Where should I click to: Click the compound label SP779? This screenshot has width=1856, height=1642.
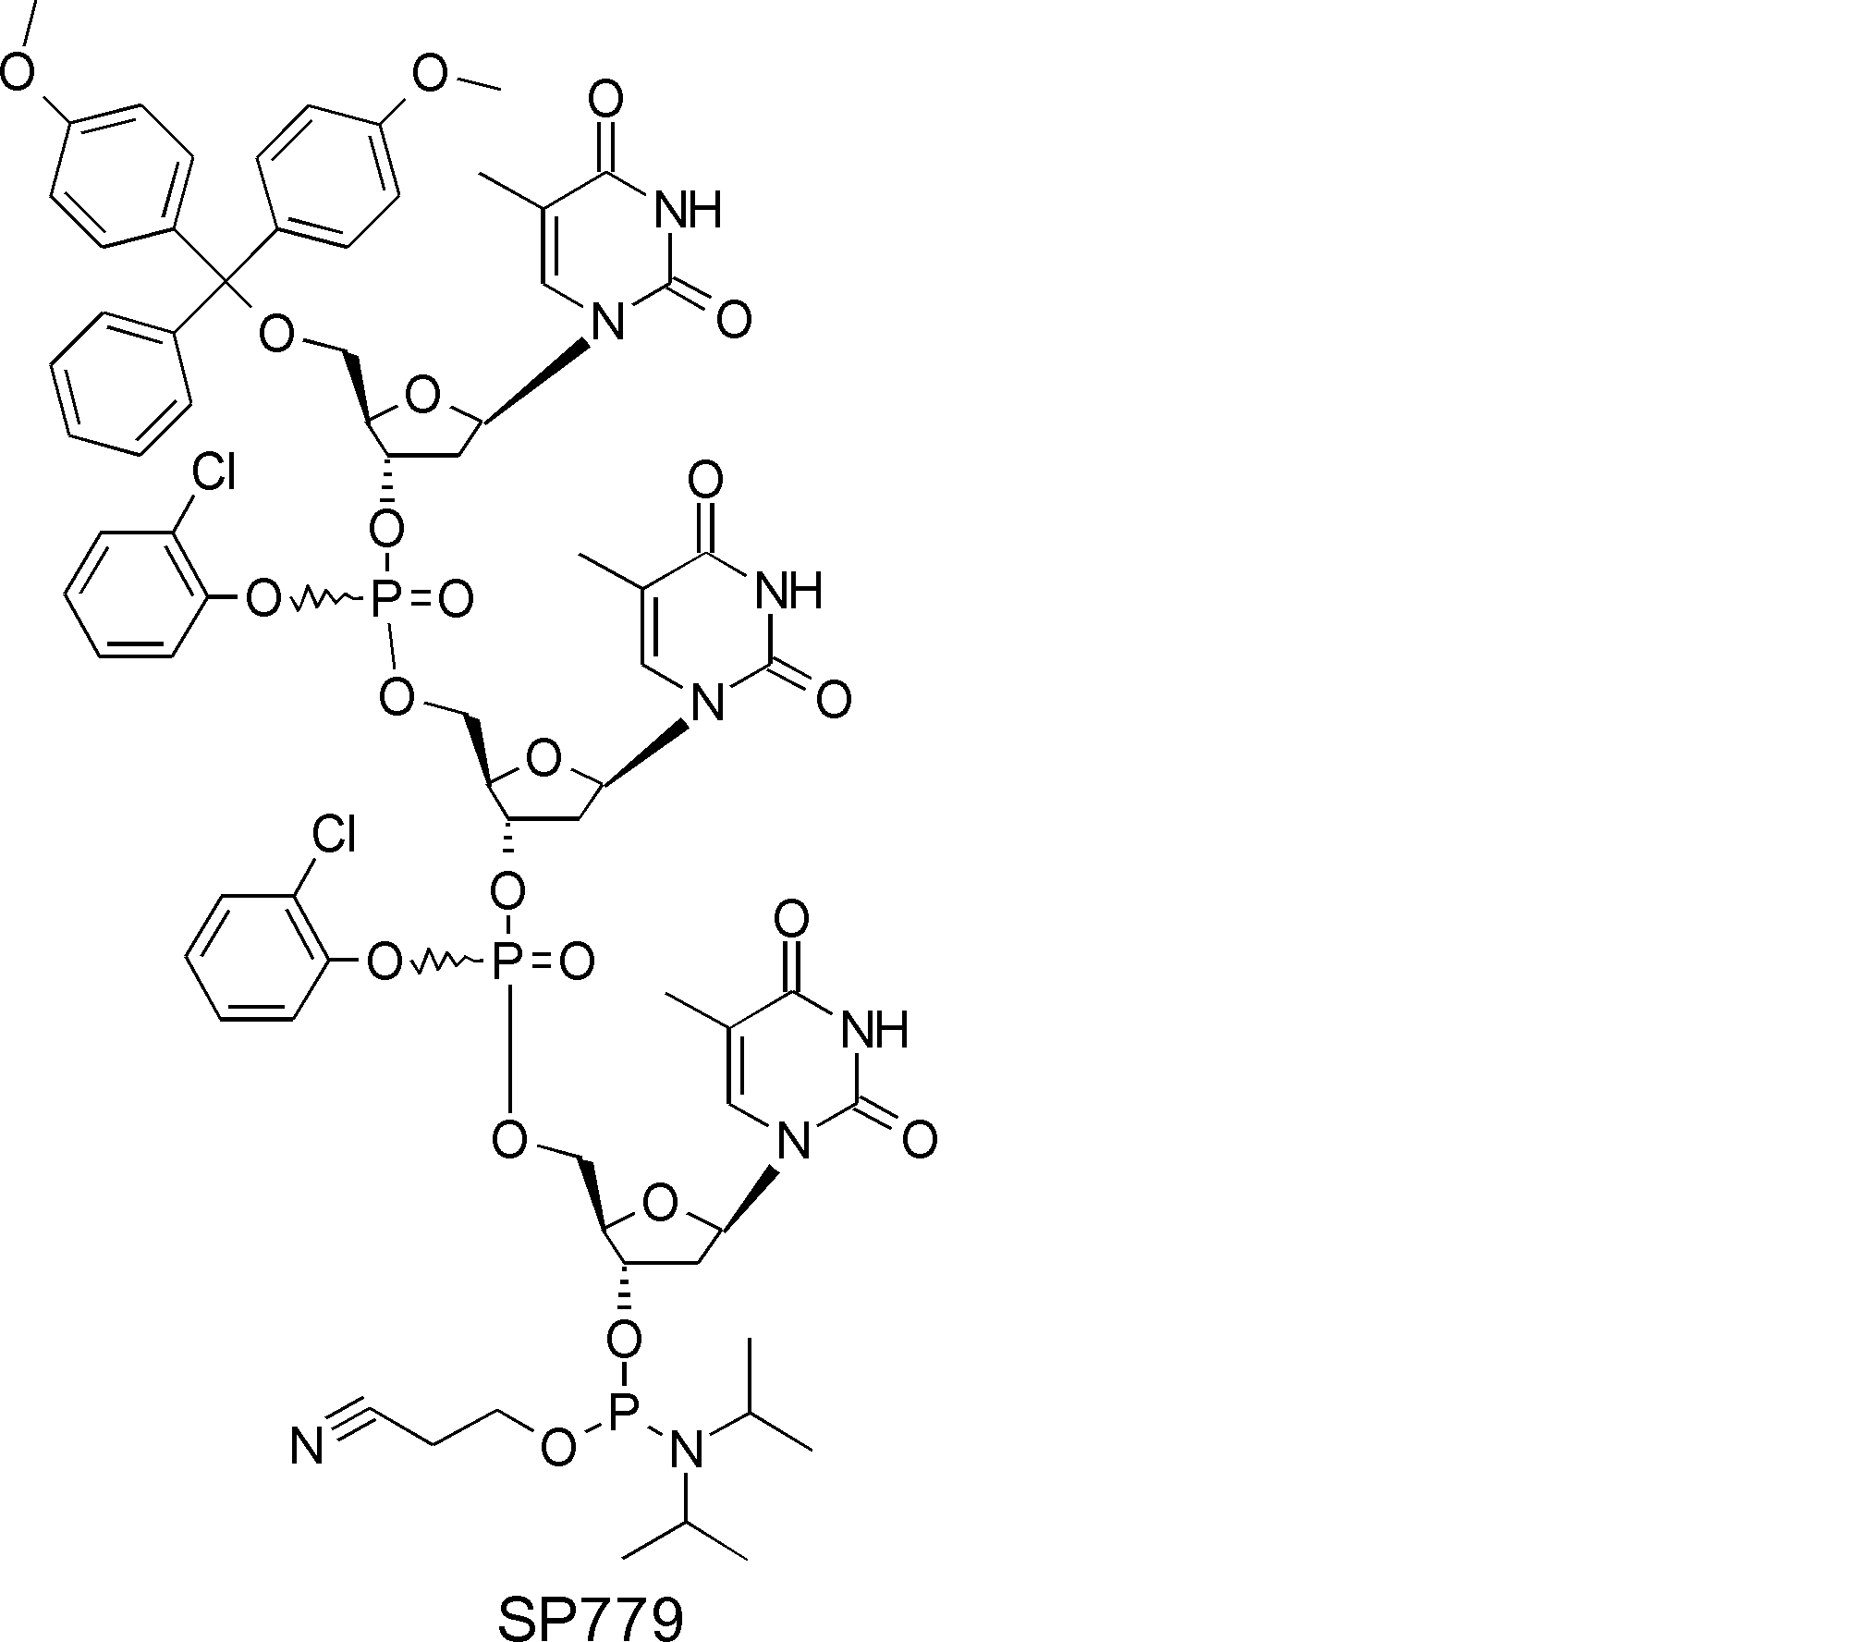591,1612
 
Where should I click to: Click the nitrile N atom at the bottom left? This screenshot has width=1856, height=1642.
308,1447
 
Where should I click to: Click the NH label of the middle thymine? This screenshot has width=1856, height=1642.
788,590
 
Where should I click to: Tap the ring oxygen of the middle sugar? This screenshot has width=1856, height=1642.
543,760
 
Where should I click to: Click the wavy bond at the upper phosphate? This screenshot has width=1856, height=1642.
324,602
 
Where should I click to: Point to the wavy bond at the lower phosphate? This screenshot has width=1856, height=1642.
446,964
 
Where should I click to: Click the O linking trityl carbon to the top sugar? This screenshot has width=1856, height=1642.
276,334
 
